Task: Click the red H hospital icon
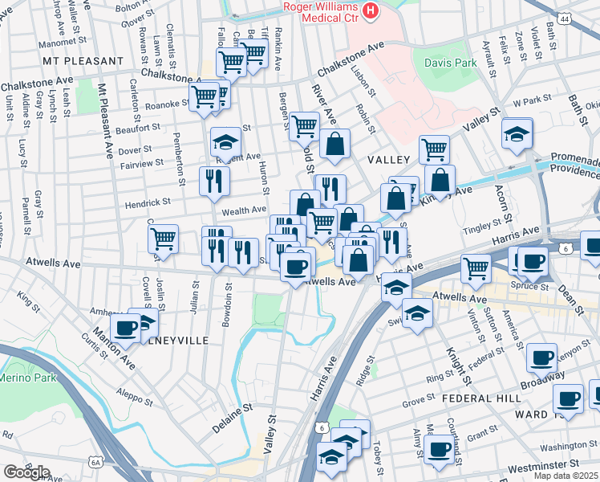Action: (x=370, y=10)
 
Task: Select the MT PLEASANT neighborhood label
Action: (x=83, y=61)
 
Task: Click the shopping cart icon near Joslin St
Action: (x=163, y=238)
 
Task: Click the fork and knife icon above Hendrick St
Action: (x=214, y=181)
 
